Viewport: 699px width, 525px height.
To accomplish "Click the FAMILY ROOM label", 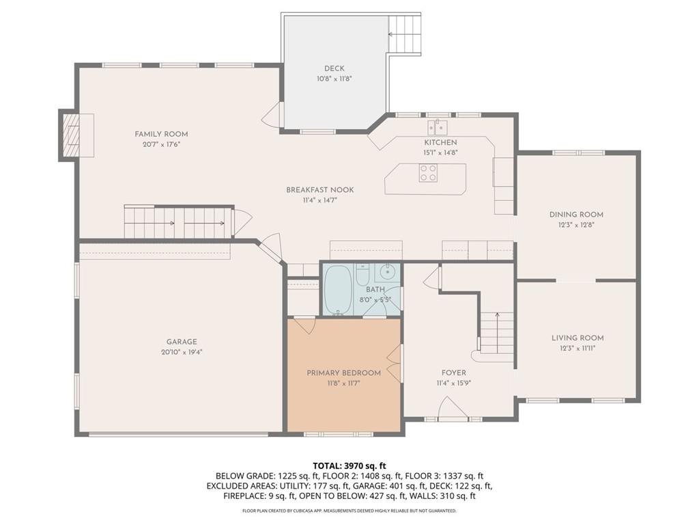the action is coord(161,134).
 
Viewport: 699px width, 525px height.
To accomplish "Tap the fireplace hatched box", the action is coord(70,135).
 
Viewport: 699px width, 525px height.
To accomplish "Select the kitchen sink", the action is coord(438,127).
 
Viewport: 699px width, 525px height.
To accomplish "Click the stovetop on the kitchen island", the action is coord(428,173).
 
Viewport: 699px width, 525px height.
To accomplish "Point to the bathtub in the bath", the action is coord(338,290).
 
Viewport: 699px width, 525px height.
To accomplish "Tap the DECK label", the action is coord(334,68).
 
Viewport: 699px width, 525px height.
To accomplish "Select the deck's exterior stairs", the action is coord(405,34).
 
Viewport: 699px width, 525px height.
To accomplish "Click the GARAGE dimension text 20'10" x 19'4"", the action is coord(182,352).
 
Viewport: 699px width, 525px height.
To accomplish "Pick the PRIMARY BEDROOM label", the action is coord(344,373).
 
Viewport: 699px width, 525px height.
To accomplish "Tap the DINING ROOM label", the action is coord(576,214).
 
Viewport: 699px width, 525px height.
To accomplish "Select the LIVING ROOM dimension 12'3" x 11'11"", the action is coord(577,349).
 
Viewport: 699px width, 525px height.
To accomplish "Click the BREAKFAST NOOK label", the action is coord(320,190).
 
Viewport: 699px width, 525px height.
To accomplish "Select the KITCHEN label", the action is coord(440,142).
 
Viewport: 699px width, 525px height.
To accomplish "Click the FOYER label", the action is coord(454,373).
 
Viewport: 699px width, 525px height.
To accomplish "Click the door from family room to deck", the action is coord(272,114).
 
